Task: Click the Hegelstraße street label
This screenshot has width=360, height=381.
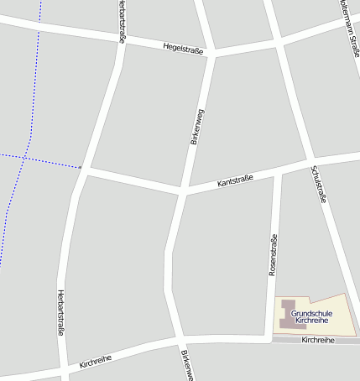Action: pyautogui.click(x=185, y=47)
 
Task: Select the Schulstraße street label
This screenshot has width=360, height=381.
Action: pyautogui.click(x=317, y=185)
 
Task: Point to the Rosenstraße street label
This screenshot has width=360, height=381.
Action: pyautogui.click(x=272, y=255)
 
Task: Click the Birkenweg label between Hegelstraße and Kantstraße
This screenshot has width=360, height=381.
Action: pyautogui.click(x=197, y=128)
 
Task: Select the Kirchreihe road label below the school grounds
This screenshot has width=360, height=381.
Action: pyautogui.click(x=317, y=340)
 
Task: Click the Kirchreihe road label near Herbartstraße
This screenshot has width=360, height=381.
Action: pyautogui.click(x=96, y=361)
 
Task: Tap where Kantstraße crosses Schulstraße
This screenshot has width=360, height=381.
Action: pyautogui.click(x=309, y=161)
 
